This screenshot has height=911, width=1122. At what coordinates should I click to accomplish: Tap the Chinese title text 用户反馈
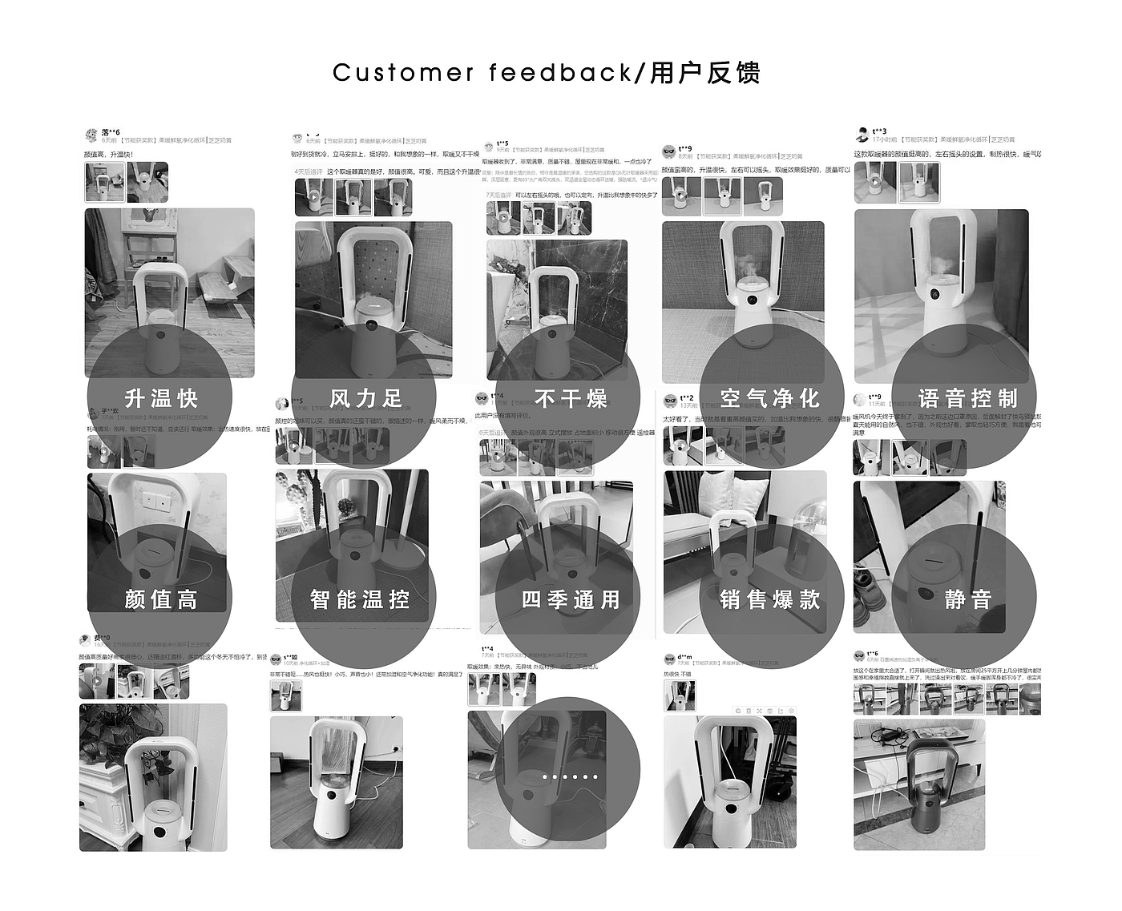point(704,73)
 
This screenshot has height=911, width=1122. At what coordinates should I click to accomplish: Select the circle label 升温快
point(161,398)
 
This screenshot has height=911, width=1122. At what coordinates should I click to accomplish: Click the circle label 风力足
point(365,398)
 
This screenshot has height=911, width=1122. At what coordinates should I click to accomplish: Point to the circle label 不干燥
point(571,398)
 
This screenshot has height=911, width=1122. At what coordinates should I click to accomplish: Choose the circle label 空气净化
point(769,398)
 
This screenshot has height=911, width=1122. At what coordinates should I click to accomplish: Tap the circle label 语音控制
point(967,398)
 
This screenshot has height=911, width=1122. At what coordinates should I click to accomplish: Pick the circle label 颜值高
point(161,599)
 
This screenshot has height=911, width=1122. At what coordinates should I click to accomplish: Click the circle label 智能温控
point(360,599)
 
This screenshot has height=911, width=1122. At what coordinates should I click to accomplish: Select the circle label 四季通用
point(571,599)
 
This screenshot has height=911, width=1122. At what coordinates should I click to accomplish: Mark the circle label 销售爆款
point(769,599)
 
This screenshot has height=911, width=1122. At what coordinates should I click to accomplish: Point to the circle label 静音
point(967,599)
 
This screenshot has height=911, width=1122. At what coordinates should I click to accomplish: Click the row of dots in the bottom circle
point(569,776)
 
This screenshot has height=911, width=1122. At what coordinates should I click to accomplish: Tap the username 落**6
point(111,132)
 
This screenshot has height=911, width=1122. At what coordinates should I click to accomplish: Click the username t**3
point(879,131)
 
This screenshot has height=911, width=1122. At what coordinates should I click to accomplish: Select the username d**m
point(684,657)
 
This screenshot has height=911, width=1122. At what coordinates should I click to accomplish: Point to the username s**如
point(290,657)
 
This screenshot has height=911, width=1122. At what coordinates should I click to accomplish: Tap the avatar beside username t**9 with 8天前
point(668,151)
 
